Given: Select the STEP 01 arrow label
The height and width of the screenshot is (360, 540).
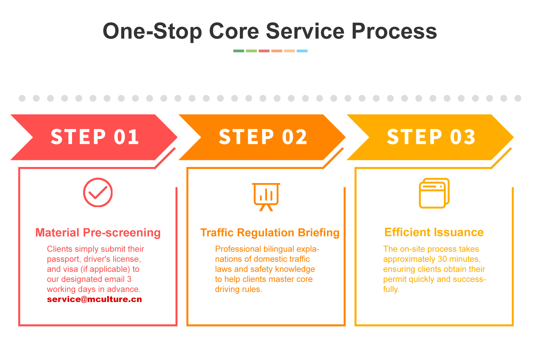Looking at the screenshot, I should [95, 137].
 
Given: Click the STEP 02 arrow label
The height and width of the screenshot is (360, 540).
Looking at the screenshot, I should [263, 137].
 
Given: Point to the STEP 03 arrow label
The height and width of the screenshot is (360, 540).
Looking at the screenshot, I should [431, 137].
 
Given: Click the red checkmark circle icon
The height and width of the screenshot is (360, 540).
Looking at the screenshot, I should [98, 192].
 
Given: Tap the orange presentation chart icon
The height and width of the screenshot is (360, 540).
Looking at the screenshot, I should [266, 197].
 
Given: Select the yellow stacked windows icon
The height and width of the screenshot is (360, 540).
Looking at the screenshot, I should [434, 193].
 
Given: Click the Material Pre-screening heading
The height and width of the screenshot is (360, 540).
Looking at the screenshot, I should [98, 233].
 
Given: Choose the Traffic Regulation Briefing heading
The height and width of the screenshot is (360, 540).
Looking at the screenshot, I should [270, 233].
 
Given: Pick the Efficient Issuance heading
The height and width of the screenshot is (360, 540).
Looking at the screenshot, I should [434, 232].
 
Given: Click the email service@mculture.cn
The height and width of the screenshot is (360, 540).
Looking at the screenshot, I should [94, 299].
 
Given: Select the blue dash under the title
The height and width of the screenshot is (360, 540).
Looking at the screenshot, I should [302, 51].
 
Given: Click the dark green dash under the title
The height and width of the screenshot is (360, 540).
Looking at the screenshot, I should [239, 51].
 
